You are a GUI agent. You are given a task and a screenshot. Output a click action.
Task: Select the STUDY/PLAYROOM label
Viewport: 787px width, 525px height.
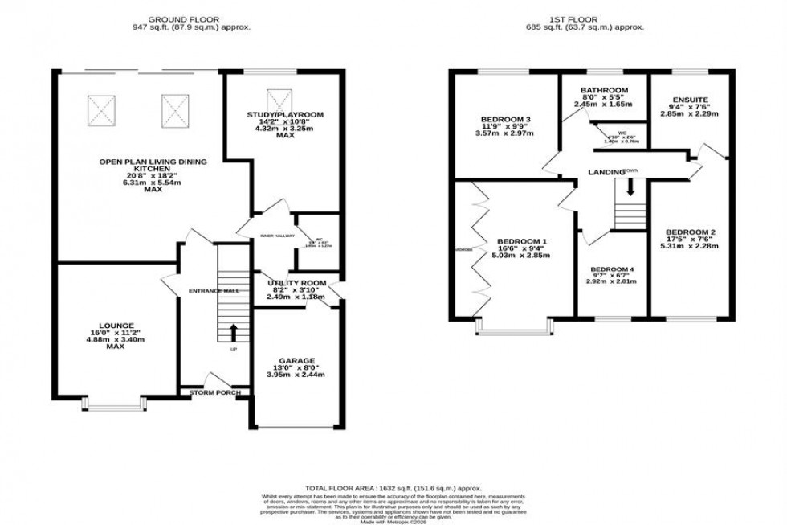click(x=285, y=115)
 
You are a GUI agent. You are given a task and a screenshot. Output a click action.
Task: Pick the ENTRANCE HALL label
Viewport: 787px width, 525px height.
click(x=214, y=290)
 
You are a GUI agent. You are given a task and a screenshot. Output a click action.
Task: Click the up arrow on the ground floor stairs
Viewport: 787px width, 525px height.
click(x=234, y=330)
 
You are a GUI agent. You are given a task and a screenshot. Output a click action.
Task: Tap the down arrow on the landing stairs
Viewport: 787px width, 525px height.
click(x=630, y=187)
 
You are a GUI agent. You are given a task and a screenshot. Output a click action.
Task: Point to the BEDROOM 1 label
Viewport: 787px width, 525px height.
click(x=522, y=242)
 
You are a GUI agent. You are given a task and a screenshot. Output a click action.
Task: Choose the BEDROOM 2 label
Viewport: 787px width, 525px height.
click(x=691, y=233)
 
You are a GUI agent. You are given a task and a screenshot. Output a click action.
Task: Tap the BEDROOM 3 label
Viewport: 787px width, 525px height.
click(x=495, y=120)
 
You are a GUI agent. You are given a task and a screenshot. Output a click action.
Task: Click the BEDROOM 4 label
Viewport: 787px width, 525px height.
click(x=612, y=269)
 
